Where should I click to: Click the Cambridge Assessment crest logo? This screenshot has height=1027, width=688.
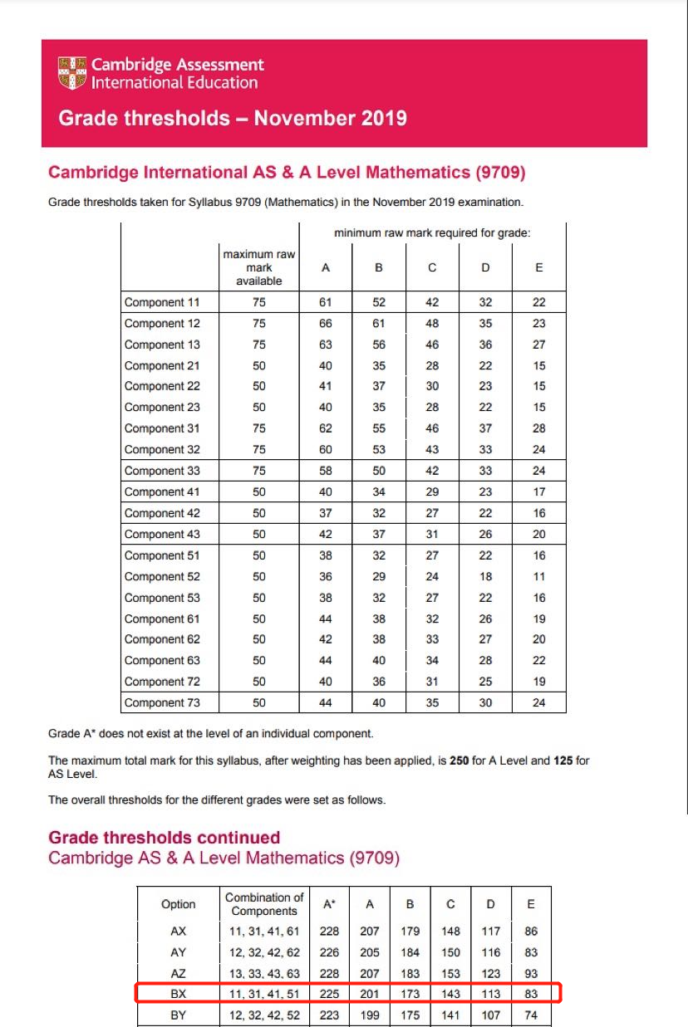point(72,73)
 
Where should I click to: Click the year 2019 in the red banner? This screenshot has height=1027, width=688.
point(378,118)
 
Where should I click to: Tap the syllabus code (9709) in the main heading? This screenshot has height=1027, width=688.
point(499,173)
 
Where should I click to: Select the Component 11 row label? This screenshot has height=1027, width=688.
point(162,302)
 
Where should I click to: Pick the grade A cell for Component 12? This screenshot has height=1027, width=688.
point(325,324)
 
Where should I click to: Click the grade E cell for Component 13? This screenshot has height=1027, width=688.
point(539,345)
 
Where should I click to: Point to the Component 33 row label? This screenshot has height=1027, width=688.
point(162,471)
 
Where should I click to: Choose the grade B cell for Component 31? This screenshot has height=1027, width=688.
point(379,428)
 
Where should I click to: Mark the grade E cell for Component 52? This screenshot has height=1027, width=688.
point(539,576)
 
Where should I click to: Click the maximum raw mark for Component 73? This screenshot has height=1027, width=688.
point(259,702)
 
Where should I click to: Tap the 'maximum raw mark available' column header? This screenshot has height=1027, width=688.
point(259,267)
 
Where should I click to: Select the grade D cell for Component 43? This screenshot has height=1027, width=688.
point(486,534)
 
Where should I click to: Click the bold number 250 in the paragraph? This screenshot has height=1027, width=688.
point(459,760)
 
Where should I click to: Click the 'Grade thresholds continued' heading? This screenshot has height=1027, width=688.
point(164,838)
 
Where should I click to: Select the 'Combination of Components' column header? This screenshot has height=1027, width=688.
point(264,904)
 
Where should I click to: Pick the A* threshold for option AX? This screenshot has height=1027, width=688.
point(327,932)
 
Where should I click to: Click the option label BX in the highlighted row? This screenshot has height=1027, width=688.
point(179,994)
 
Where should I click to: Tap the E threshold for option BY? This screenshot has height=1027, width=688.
point(531,1015)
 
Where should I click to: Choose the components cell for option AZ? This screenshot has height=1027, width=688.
point(264,973)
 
